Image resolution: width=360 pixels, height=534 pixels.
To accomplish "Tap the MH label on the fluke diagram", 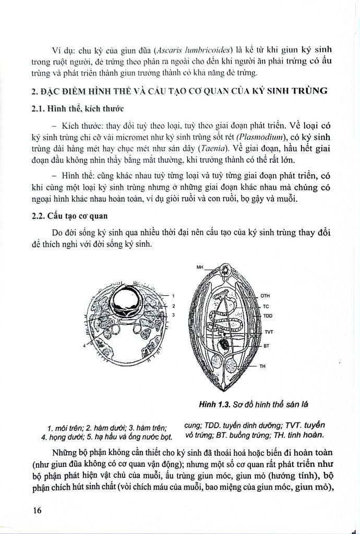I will pyautogui.click(x=199, y=267).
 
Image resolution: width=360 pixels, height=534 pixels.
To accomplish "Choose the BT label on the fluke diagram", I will pyautogui.click(x=266, y=345).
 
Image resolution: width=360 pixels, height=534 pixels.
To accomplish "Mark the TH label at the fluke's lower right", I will pyautogui.click(x=263, y=366).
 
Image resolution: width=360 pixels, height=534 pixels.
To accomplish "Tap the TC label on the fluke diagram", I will pyautogui.click(x=265, y=306).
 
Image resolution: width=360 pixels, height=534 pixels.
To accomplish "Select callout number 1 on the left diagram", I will pyautogui.click(x=173, y=296).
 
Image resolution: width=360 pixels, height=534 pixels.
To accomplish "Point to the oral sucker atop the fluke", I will pyautogui.click(x=225, y=270).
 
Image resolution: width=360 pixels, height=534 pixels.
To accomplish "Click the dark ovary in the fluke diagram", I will pyautogui.click(x=225, y=345).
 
